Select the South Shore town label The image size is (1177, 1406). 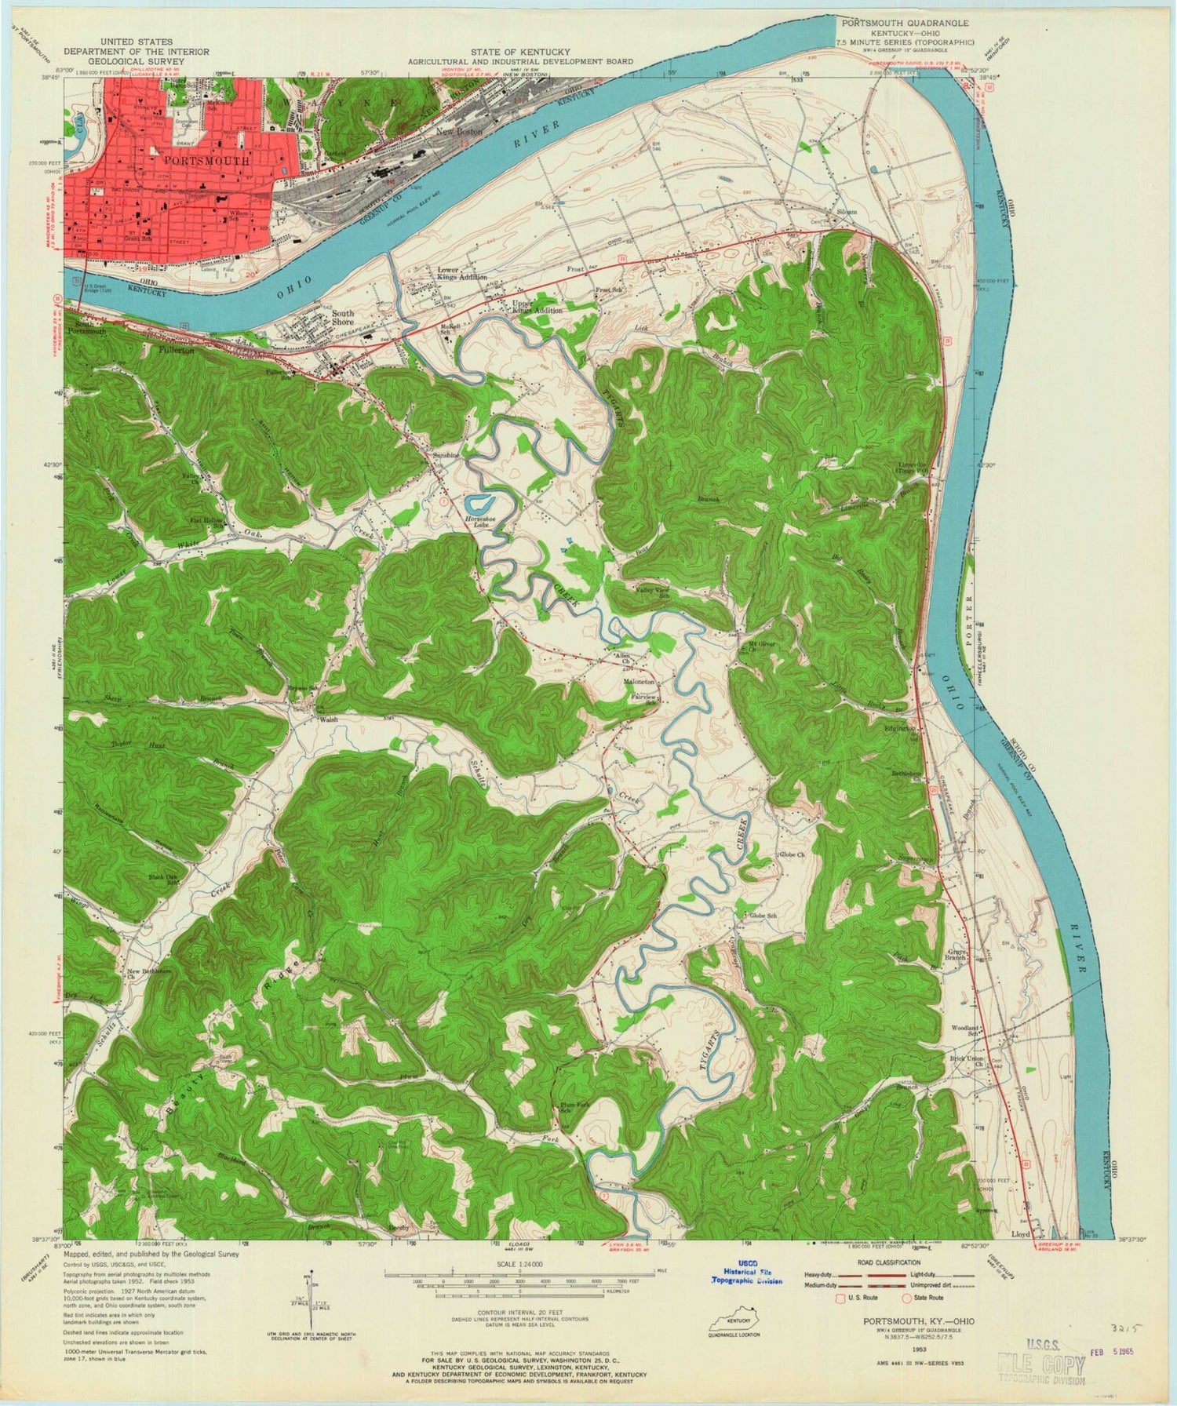pos(343,317)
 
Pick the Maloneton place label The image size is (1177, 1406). pos(639,682)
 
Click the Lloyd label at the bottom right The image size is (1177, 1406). pos(1021,1235)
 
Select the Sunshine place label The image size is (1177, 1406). pos(447,454)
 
